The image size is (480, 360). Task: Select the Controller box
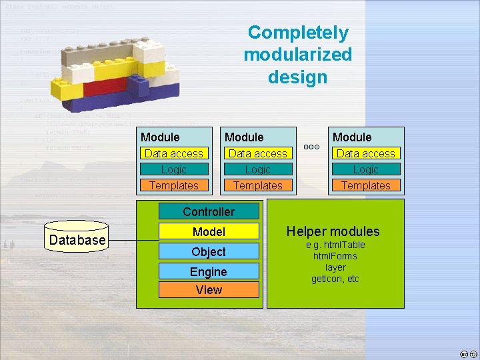coord(209,212)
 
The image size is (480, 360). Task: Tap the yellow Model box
coord(209,232)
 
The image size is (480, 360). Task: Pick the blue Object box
coord(209,251)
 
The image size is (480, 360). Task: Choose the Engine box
coord(209,271)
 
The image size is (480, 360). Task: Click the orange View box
coord(209,289)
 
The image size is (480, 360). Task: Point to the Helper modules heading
coord(333,231)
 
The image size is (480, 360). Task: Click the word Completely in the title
coord(298,33)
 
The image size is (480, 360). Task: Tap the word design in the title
coord(298,77)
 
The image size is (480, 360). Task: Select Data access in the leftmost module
coord(173,153)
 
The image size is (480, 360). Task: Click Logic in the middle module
coord(258,169)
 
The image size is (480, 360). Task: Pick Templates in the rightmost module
coord(365,185)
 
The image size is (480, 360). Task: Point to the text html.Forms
coord(335,256)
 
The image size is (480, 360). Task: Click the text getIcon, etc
coord(335,279)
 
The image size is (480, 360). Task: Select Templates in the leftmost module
coord(173,185)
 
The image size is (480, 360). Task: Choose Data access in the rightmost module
coord(365,153)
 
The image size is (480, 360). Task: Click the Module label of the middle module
coord(244,137)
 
